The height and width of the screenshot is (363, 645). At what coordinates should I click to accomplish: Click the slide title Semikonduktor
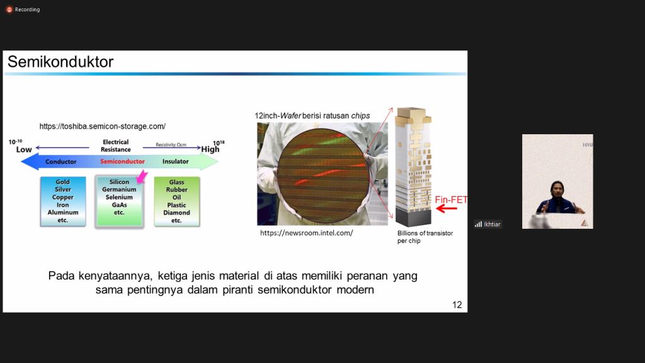click(x=60, y=62)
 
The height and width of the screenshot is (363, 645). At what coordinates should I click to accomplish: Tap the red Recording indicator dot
click(x=9, y=9)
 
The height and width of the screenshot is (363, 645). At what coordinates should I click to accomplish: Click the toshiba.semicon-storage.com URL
click(x=103, y=126)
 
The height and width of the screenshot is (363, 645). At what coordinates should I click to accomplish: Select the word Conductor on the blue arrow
click(x=61, y=162)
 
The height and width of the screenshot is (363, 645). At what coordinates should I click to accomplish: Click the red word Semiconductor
click(x=123, y=161)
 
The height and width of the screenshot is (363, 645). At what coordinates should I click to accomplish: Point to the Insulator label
click(x=176, y=161)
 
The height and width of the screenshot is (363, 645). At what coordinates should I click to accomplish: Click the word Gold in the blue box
click(x=62, y=182)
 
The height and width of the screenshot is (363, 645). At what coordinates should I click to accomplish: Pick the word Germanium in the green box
click(x=119, y=189)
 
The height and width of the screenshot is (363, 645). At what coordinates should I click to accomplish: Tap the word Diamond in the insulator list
click(x=176, y=213)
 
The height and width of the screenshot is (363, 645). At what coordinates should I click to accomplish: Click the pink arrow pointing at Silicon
click(x=142, y=176)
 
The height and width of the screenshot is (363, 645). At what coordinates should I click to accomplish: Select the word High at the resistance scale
click(x=210, y=149)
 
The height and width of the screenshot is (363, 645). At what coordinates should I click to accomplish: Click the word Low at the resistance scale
click(x=24, y=149)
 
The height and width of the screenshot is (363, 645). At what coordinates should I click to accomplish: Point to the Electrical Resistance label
click(x=116, y=146)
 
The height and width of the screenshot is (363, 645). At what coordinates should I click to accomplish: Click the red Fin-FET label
click(x=451, y=200)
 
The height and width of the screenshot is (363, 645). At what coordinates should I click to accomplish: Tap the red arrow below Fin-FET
click(x=447, y=209)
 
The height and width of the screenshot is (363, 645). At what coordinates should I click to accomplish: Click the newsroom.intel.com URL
click(x=307, y=233)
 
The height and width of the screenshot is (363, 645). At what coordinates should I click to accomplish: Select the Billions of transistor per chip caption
click(x=425, y=237)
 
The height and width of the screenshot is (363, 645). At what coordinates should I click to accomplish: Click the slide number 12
click(x=457, y=304)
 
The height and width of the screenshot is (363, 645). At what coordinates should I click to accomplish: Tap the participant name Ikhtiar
click(x=492, y=224)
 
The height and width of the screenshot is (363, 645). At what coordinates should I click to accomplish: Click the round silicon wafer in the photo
click(x=322, y=176)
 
